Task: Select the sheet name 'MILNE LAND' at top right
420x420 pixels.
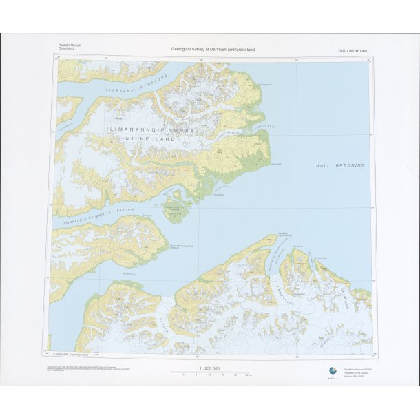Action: pos(353,50)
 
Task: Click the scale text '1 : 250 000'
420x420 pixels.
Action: pos(209,369)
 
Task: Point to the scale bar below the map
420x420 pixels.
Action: pos(210,375)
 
